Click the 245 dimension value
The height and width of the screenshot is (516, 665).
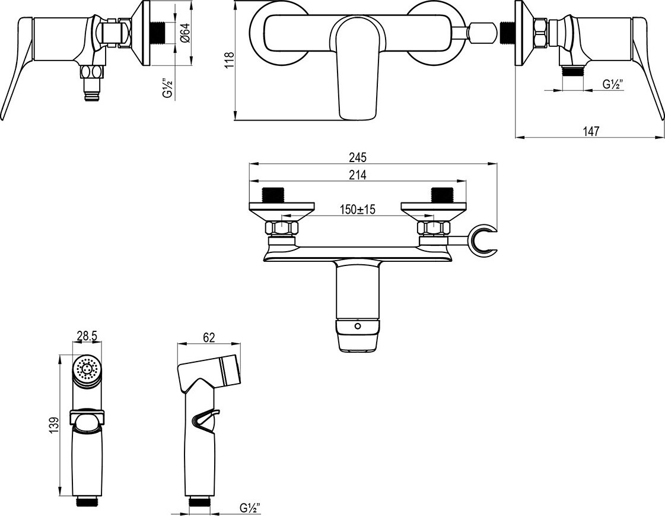coord(357,157)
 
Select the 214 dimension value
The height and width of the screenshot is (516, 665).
coord(357,175)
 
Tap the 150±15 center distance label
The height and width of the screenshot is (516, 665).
coord(358,209)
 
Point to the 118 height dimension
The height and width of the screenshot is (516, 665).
coord(229,60)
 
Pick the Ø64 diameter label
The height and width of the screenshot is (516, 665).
coord(185,32)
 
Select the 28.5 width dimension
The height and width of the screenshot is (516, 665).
coord(87,337)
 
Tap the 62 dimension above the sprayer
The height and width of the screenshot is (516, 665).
coord(209,337)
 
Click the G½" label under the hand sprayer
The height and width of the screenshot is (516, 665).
coord(250,507)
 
